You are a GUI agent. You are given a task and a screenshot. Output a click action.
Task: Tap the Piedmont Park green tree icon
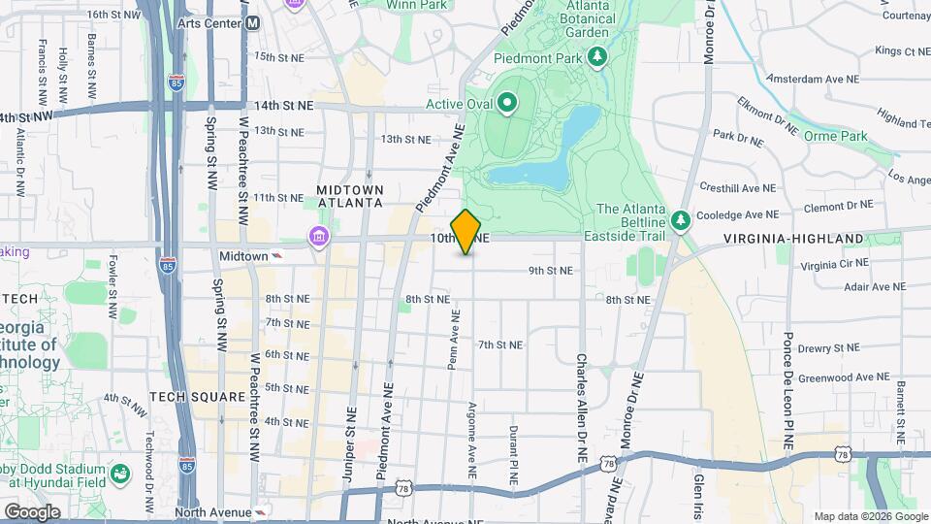point(599,57)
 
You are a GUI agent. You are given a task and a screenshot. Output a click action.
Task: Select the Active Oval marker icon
point(506,102)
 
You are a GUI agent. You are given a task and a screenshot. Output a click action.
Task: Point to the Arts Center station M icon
point(253,22)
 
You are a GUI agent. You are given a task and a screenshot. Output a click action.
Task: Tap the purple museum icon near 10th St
point(317,236)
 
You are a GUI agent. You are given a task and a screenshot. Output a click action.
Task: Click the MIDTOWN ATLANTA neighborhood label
point(349,195)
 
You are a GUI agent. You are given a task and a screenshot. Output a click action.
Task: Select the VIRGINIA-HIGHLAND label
point(793,238)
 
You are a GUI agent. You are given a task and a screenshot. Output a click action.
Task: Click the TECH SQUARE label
point(188,397)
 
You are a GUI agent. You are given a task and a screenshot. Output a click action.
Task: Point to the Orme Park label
point(836,136)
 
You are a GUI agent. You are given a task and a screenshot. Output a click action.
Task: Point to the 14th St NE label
point(285,104)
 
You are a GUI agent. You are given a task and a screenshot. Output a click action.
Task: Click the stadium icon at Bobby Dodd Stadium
point(120,474)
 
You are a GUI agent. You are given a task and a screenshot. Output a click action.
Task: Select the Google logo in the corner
point(32,511)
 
